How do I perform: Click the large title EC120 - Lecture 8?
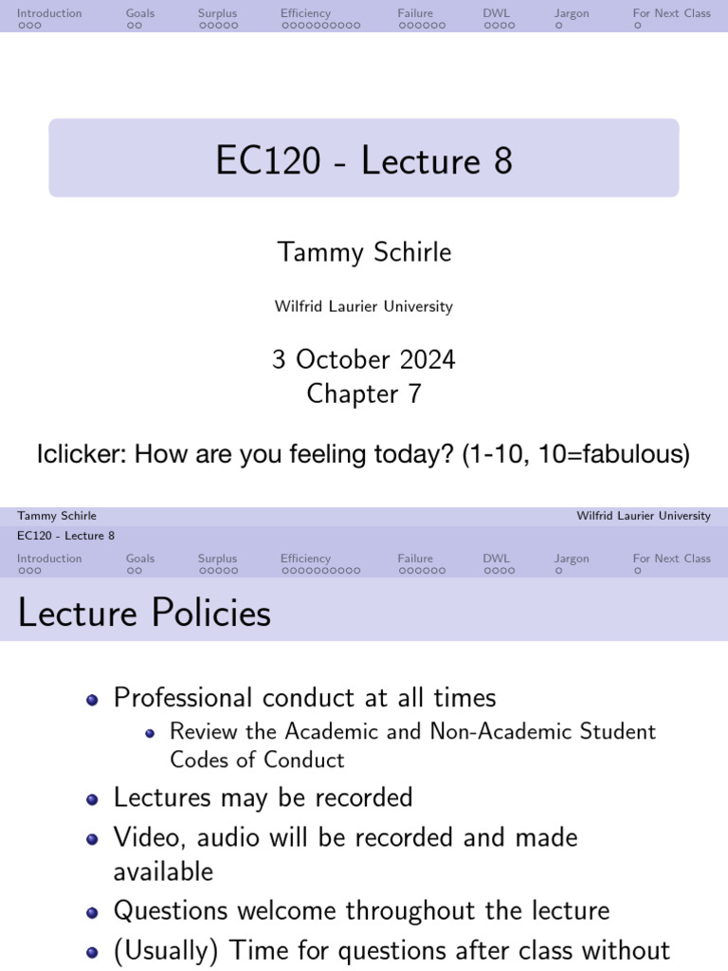pos(364,160)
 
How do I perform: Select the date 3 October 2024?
pos(364,359)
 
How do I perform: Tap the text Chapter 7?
pos(364,394)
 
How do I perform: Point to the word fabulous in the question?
pos(629,454)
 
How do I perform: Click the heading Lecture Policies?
pos(144,614)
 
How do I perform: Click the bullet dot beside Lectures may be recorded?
pos(92,798)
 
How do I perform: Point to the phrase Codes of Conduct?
pos(257,760)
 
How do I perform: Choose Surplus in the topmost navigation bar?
pos(217,13)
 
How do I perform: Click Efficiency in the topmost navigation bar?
pos(305,13)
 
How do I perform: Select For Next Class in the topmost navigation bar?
pos(671,13)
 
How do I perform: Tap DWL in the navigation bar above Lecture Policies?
pos(496,559)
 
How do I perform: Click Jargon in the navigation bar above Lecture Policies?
pos(572,559)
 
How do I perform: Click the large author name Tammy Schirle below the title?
pos(364,252)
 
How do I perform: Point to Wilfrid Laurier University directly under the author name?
pos(364,306)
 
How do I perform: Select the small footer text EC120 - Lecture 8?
pos(66,536)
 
